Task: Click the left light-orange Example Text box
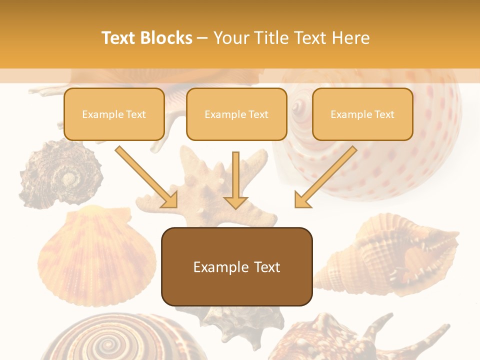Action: pos(114,114)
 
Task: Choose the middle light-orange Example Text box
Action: pos(236,114)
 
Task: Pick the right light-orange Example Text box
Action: pos(362,114)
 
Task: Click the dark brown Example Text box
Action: pos(236,266)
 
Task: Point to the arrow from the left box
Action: pos(146,176)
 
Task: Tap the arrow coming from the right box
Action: pos(325,176)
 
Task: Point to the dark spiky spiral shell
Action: pos(60,172)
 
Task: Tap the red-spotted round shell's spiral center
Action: pos(298,106)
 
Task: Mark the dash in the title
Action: pos(203,38)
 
